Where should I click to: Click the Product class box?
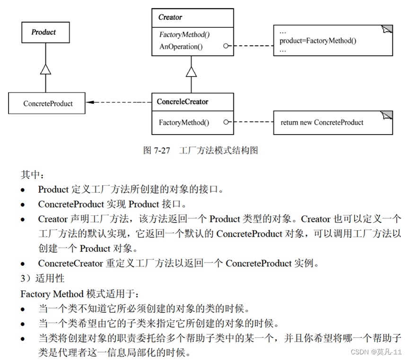[x=45, y=32]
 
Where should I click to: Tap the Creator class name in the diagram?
[x=170, y=17]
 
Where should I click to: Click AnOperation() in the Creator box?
[x=181, y=46]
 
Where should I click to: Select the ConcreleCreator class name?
[x=183, y=102]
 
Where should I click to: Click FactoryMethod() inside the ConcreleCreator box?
[x=183, y=122]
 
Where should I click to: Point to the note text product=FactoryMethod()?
[x=318, y=41]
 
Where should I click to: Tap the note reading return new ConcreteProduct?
[x=322, y=122]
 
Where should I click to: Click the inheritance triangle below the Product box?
[x=45, y=69]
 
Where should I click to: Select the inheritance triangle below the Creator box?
[x=191, y=71]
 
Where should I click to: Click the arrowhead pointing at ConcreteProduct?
[x=90, y=102]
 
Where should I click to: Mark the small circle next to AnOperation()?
[x=226, y=46]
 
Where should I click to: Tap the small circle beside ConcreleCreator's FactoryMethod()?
[x=226, y=122]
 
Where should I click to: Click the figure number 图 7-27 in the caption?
[x=157, y=150]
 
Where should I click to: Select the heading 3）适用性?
[x=43, y=278]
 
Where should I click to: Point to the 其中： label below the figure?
[x=32, y=175]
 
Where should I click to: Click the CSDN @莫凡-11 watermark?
[x=376, y=352]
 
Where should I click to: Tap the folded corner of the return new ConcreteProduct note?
[x=387, y=115]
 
